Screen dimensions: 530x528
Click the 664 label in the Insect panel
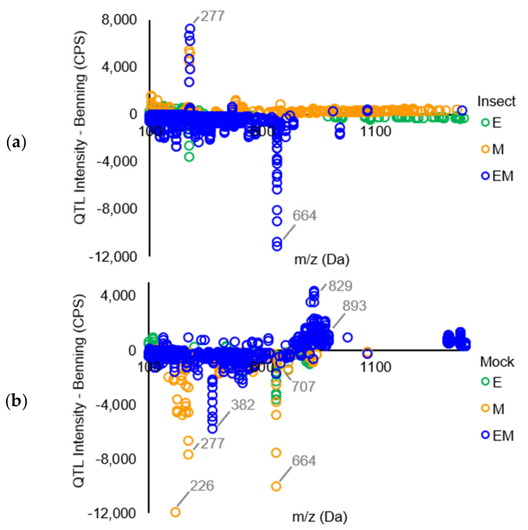coord(304,216)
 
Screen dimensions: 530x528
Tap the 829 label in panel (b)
coord(340,286)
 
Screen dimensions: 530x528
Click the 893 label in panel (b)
coord(354,306)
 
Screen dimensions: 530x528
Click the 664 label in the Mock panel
coord(304,461)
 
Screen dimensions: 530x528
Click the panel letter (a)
coord(16,143)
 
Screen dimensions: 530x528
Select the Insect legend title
coord(496,102)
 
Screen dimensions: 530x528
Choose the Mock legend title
coord(497,362)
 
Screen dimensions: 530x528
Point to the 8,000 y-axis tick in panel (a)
coord(119,20)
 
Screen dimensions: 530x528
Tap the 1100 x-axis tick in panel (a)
coord(375,131)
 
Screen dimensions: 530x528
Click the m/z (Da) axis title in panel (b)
coord(320,517)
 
